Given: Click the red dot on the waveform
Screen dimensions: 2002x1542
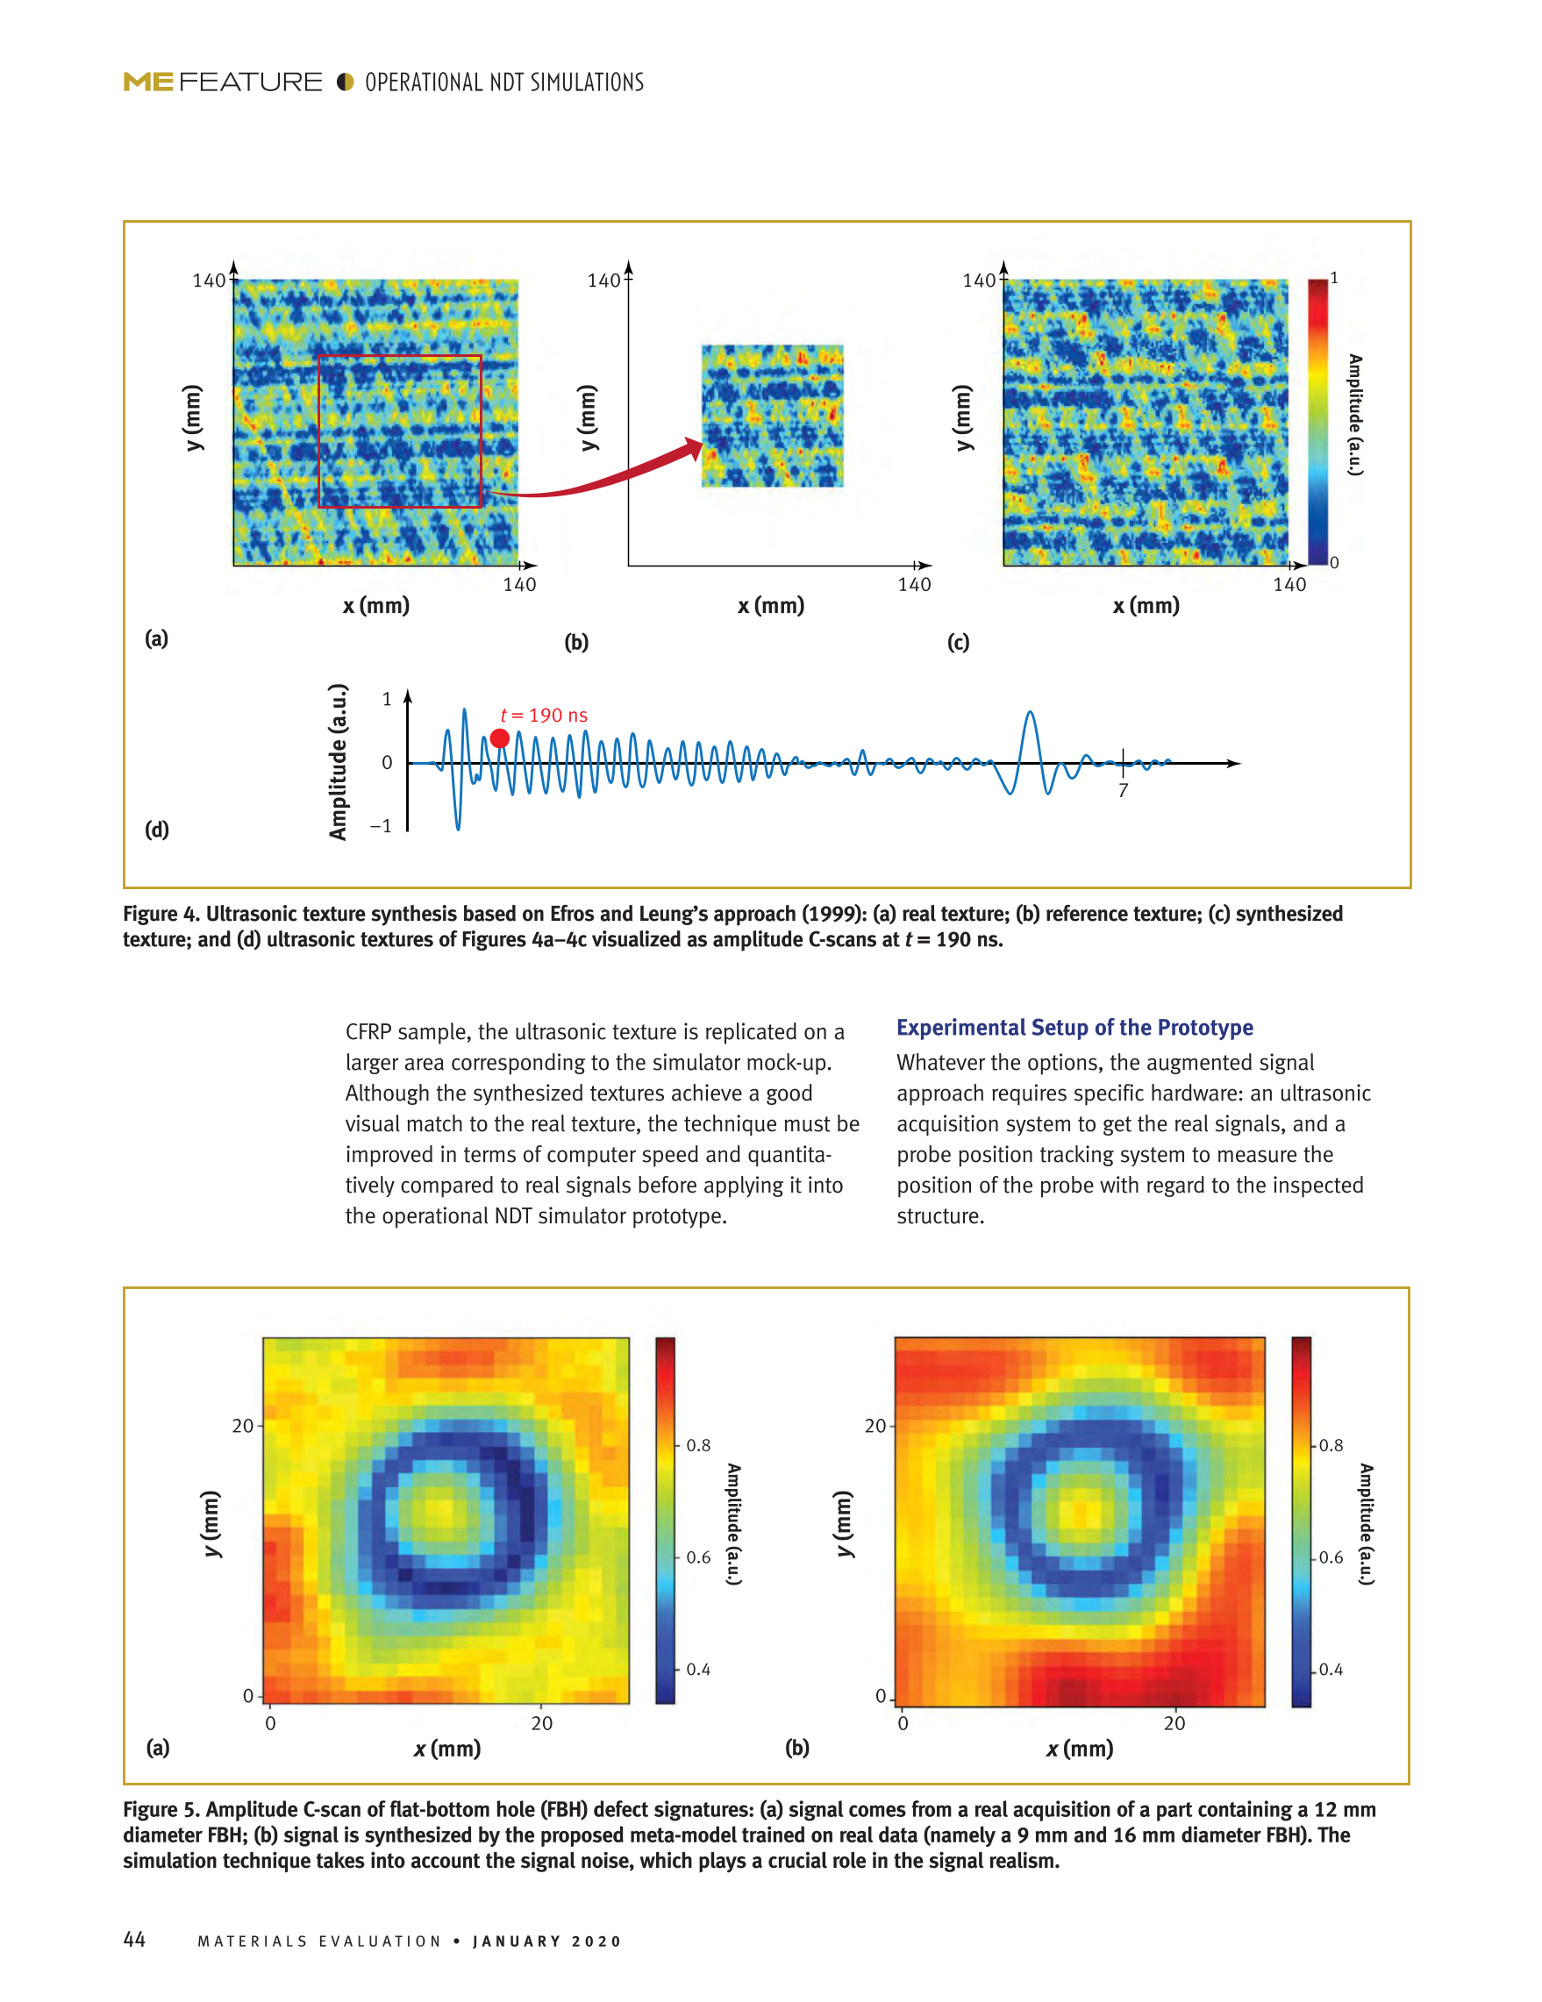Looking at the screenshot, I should tap(500, 737).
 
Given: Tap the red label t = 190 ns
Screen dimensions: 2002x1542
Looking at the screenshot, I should tap(544, 715).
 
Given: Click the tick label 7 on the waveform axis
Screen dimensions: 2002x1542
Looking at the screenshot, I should tap(1122, 790).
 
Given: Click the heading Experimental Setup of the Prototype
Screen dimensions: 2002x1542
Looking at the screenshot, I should tap(1074, 1028).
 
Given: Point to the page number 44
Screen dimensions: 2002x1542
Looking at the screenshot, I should tap(134, 1939).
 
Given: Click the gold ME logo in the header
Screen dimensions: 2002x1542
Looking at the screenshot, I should tap(147, 82).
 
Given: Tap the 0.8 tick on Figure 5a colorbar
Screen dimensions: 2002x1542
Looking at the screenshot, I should tap(697, 1445).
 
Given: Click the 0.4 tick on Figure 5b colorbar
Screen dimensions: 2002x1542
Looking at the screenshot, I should tap(1331, 1670).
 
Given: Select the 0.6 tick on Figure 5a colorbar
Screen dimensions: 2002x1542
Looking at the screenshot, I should tap(697, 1557).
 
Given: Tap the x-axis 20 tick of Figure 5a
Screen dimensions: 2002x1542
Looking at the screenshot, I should tap(542, 1723).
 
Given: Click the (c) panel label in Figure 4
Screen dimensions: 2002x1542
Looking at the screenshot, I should tap(958, 642).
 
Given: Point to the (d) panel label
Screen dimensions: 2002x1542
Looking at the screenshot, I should tap(157, 830).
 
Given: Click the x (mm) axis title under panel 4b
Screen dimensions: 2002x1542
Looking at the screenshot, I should tap(771, 606).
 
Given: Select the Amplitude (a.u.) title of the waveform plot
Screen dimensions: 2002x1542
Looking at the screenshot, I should tap(339, 762).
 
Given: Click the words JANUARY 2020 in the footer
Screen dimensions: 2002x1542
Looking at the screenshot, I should tap(547, 1941).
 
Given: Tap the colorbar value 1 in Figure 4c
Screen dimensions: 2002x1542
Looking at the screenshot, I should tap(1334, 278).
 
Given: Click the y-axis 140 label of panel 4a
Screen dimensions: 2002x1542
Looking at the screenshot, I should tap(208, 281).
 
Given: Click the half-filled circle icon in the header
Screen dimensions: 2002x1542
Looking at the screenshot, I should tap(345, 82).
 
